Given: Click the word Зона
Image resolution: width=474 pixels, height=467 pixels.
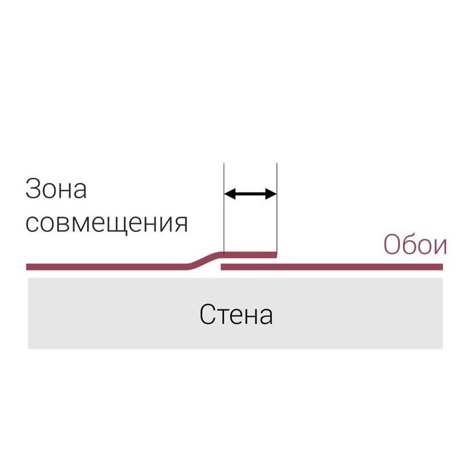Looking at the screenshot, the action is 56,189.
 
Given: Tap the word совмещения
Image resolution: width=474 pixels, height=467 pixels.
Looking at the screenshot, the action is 106,223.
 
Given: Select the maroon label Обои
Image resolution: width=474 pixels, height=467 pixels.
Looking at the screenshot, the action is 415,244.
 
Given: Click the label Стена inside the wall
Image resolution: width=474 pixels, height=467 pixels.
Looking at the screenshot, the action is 236,314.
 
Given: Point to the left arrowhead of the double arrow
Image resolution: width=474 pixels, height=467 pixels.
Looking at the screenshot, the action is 230,194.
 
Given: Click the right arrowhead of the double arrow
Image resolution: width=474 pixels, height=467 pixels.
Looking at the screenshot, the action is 271,194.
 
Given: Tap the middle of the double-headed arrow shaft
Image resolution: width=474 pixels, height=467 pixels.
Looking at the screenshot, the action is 250,194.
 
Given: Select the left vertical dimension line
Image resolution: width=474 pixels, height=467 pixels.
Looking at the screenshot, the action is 224,208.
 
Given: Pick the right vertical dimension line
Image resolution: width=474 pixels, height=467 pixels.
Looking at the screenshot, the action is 277,208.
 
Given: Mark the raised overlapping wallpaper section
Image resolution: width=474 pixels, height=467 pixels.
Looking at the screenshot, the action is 250,255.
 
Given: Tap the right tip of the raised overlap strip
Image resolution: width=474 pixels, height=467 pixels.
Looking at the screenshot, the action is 276,255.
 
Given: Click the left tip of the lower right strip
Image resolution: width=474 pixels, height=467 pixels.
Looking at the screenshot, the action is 222,266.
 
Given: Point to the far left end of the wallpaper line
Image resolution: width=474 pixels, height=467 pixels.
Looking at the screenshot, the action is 26,266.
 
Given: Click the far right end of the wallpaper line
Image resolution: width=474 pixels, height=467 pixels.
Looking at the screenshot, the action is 443,266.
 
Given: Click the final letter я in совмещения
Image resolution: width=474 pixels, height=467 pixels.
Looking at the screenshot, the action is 181,225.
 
